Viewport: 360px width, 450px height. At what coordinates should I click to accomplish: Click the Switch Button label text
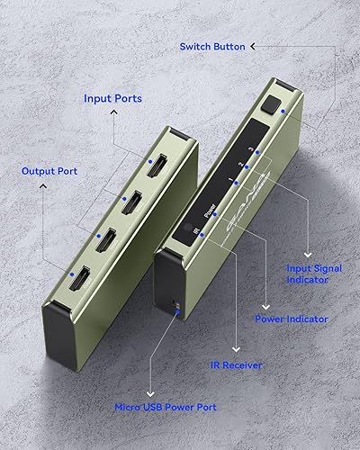tap(213, 46)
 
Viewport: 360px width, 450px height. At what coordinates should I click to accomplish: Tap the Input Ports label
tap(114, 99)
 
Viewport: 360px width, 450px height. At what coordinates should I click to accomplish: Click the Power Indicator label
tap(291, 319)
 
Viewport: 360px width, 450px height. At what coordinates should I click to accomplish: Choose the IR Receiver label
tap(236, 365)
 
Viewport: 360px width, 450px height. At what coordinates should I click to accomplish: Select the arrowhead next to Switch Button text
tap(253, 46)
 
